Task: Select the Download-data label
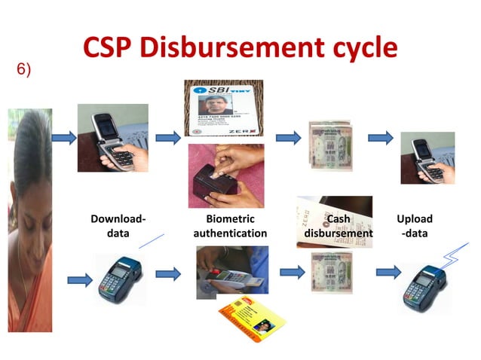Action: (118, 226)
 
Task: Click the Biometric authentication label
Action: (230, 226)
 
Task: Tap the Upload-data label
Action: (415, 226)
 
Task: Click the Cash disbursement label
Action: (338, 226)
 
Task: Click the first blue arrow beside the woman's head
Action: (63, 138)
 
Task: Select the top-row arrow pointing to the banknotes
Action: (285, 138)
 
